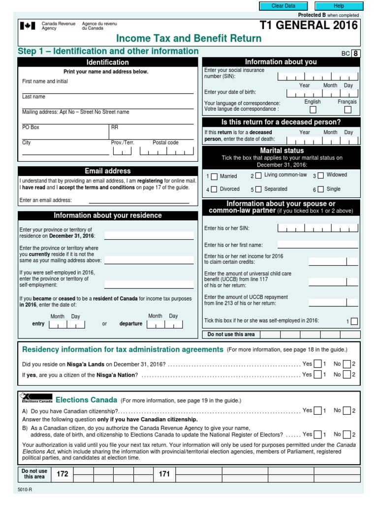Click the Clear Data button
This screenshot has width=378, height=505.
tap(283, 6)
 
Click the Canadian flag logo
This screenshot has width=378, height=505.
tap(27, 26)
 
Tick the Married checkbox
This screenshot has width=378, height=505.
tap(214, 177)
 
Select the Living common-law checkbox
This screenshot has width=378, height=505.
tap(258, 176)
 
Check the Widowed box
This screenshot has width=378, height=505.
tap(320, 175)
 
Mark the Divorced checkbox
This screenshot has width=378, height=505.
tap(214, 189)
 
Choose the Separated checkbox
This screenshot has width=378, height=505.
tap(258, 189)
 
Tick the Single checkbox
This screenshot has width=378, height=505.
tap(320, 189)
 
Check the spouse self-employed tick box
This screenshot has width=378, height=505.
tap(354, 322)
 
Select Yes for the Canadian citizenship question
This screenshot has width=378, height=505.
tap(318, 411)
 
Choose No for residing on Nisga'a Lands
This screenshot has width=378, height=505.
tap(347, 364)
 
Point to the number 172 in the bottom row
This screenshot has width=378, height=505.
tap(62, 474)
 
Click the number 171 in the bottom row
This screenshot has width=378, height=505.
tap(164, 474)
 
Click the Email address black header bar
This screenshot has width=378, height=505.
tap(108, 171)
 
